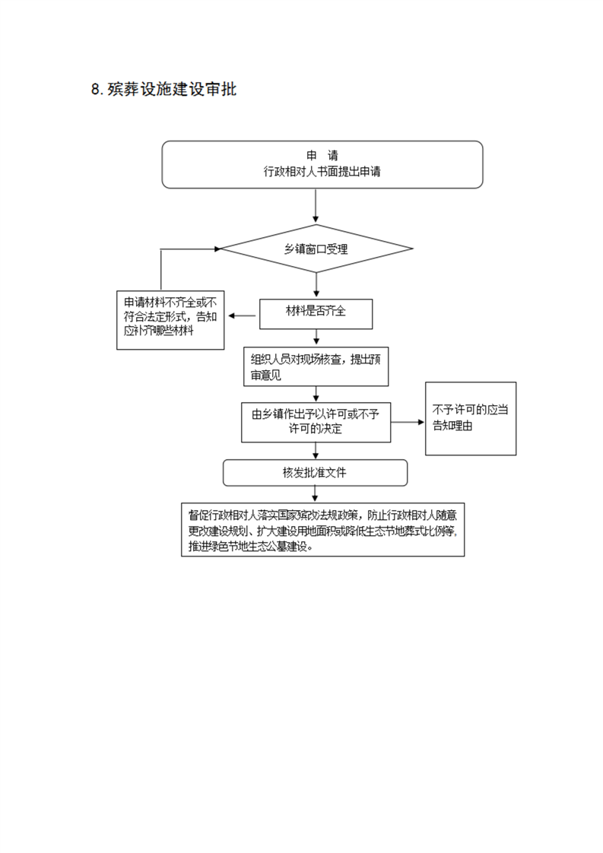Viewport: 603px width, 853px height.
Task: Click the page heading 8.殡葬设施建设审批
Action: pyautogui.click(x=163, y=89)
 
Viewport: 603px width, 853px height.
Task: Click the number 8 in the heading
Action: pyautogui.click(x=96, y=90)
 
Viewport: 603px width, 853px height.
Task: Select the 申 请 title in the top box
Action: pyautogui.click(x=322, y=156)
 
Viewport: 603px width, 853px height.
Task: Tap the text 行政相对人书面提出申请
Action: pyautogui.click(x=322, y=172)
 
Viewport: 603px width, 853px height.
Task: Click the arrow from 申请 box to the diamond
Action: pyautogui.click(x=316, y=206)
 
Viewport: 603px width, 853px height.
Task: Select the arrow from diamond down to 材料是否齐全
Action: pyautogui.click(x=316, y=285)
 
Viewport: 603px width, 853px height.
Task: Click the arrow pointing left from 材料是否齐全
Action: pyautogui.click(x=242, y=316)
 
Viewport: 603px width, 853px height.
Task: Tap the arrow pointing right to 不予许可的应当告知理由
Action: pyautogui.click(x=408, y=422)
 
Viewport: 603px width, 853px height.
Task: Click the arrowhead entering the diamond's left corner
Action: pyautogui.click(x=217, y=249)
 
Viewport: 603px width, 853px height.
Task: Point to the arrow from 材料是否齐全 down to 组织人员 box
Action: pyautogui.click(x=316, y=338)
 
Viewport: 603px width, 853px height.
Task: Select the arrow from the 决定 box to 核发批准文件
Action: pyautogui.click(x=316, y=451)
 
